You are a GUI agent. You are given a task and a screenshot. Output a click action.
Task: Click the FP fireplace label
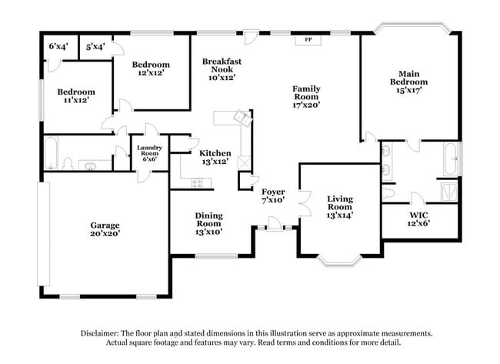(308, 38)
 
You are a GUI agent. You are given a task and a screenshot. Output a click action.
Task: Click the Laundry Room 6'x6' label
(149, 154)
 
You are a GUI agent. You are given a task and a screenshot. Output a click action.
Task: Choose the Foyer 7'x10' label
(273, 195)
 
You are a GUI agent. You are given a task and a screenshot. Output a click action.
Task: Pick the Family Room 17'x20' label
(306, 97)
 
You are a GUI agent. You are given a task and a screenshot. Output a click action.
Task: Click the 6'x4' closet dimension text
(58, 47)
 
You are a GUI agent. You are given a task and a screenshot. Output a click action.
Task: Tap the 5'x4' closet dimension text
(95, 47)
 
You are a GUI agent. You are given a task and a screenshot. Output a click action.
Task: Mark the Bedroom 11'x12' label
(75, 95)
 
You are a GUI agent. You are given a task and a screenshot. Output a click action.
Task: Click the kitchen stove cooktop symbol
(197, 182)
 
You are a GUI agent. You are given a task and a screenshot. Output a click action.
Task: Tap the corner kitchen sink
(242, 118)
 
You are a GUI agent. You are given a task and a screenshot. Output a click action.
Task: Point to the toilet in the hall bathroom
(68, 163)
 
